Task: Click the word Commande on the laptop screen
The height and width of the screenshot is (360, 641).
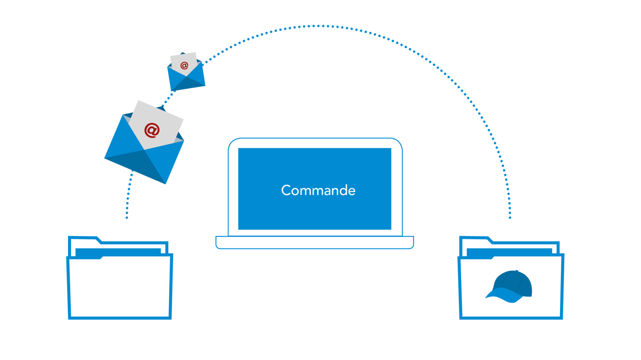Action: click(318, 190)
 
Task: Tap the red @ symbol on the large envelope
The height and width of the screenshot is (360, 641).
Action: click(152, 130)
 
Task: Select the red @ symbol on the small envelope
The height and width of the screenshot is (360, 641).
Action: click(185, 66)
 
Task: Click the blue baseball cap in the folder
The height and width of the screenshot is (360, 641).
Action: click(509, 286)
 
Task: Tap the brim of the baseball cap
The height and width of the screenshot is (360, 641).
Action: click(499, 296)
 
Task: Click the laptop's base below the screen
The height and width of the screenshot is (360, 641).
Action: click(314, 242)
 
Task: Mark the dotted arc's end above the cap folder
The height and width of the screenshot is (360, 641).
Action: click(510, 217)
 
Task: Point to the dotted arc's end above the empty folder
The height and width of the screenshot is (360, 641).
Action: click(127, 217)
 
